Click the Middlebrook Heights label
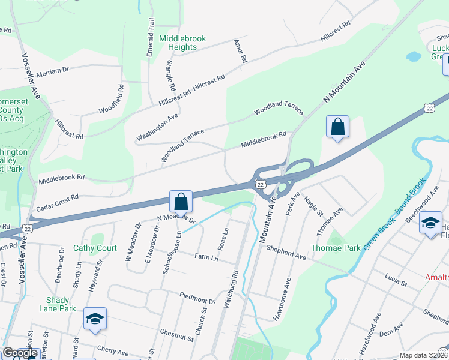click(182, 43)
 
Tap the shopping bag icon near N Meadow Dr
click(181, 202)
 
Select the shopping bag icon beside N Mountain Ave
click(338, 127)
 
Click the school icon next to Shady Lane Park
click(95, 319)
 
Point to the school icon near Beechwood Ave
click(430, 223)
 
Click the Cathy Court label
click(95, 248)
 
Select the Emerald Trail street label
click(151, 38)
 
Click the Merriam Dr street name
click(53, 70)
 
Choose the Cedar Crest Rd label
click(57, 197)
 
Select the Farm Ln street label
click(206, 256)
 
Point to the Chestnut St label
click(176, 334)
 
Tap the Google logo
click(20, 353)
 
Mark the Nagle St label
click(313, 206)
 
